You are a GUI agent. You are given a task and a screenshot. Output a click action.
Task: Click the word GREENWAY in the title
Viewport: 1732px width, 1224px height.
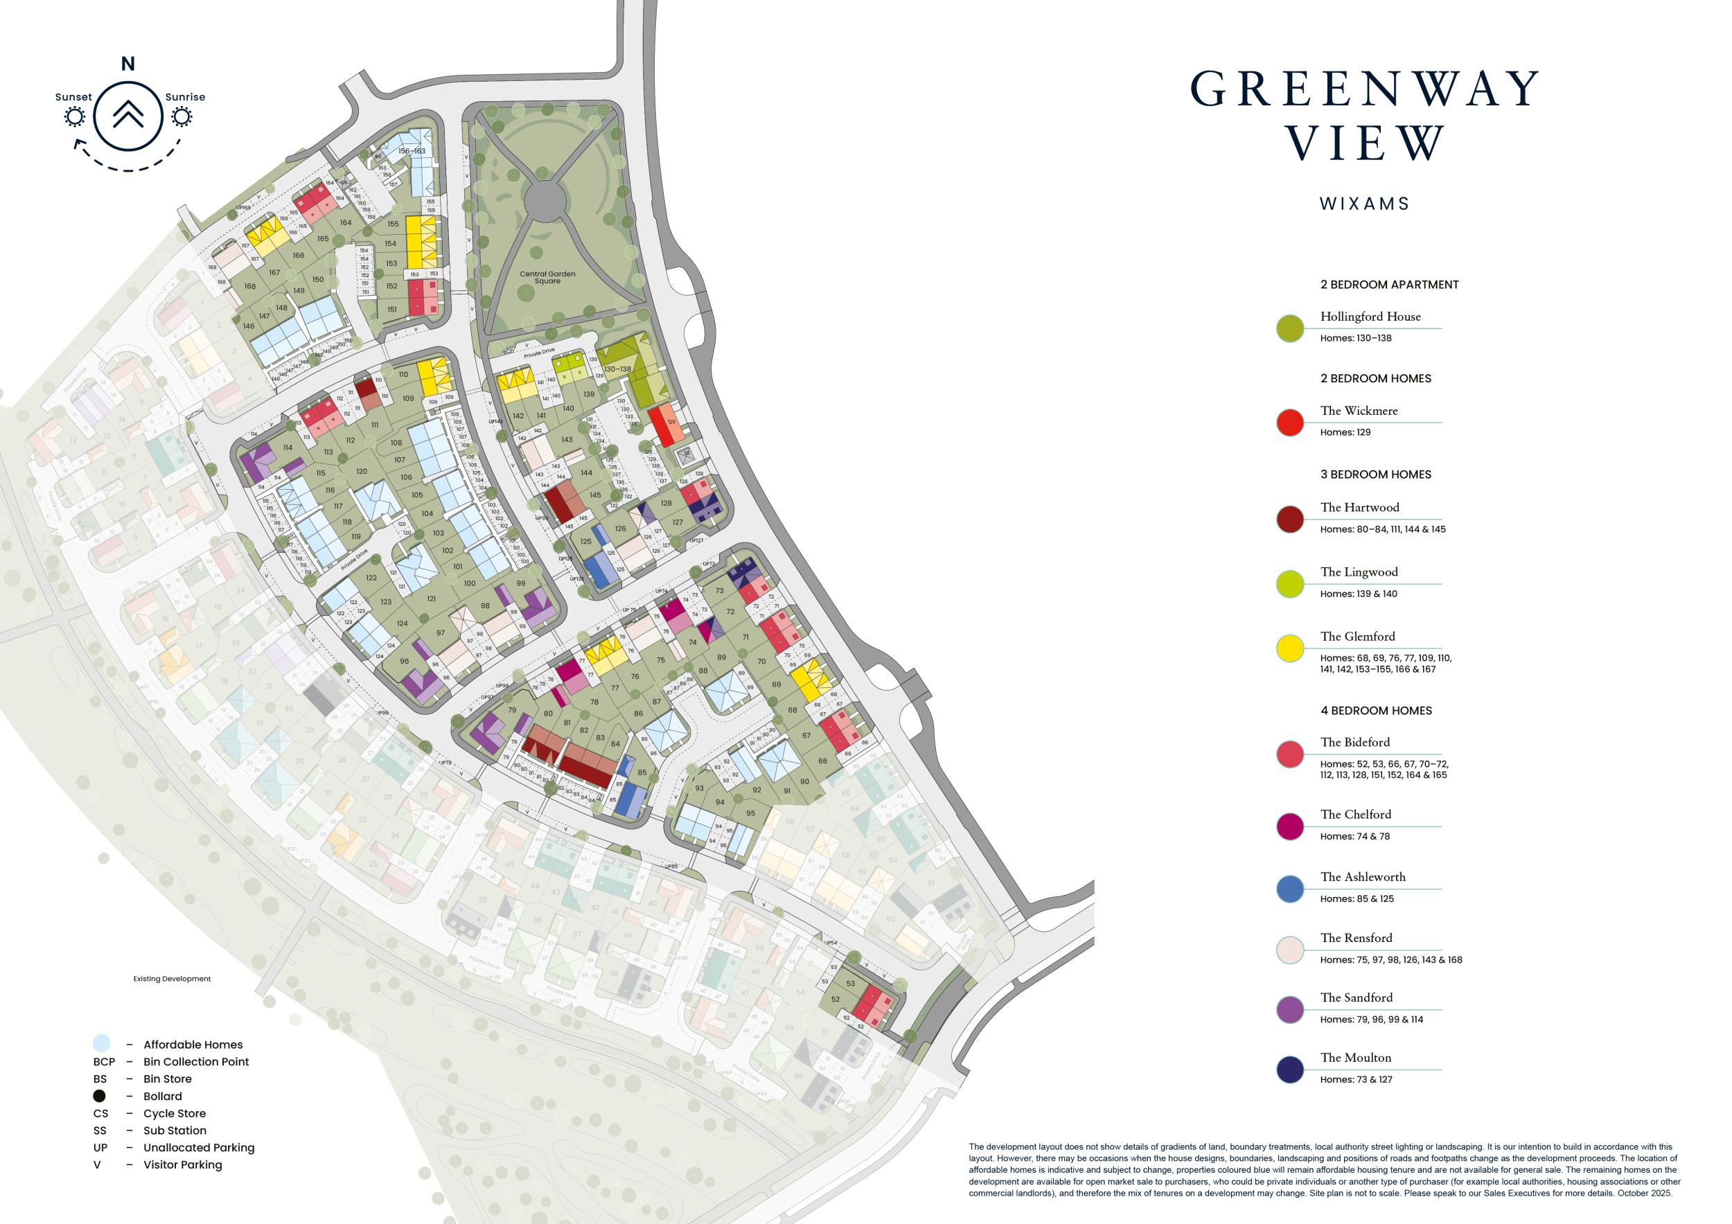[1365, 89]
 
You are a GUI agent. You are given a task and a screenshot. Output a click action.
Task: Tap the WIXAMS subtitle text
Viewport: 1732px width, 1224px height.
[1365, 204]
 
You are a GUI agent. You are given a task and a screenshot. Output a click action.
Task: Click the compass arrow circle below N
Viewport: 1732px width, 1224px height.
[128, 116]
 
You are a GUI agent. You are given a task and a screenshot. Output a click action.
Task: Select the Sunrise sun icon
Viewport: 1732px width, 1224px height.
[182, 117]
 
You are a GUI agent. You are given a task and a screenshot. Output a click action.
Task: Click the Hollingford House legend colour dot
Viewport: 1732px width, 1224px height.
[1290, 328]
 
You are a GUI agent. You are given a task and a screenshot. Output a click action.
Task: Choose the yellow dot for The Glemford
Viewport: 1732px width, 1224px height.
[1290, 648]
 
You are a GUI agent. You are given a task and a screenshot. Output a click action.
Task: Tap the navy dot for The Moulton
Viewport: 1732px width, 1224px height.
[1290, 1070]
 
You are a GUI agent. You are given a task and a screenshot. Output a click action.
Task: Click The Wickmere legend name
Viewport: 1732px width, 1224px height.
[1359, 411]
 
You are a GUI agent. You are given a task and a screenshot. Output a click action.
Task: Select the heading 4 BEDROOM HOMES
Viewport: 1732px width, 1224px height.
[1376, 711]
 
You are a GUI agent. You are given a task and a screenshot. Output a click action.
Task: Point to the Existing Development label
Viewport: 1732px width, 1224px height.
[172, 979]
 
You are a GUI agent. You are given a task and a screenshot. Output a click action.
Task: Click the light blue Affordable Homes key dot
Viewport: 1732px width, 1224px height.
[101, 1044]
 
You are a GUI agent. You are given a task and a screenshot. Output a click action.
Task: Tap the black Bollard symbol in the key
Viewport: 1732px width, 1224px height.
[100, 1096]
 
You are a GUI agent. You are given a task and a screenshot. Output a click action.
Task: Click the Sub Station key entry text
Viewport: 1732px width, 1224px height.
[175, 1130]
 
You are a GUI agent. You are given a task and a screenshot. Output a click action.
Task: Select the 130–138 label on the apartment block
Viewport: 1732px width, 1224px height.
[617, 369]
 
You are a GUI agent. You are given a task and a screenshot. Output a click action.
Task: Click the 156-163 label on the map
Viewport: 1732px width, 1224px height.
[412, 151]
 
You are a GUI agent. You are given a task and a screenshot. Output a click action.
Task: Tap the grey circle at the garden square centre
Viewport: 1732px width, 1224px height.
[545, 201]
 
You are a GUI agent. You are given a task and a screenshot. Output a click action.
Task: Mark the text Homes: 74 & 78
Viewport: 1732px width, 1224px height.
[1355, 836]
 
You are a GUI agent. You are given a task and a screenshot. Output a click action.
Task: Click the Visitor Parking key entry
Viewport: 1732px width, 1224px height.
[183, 1164]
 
